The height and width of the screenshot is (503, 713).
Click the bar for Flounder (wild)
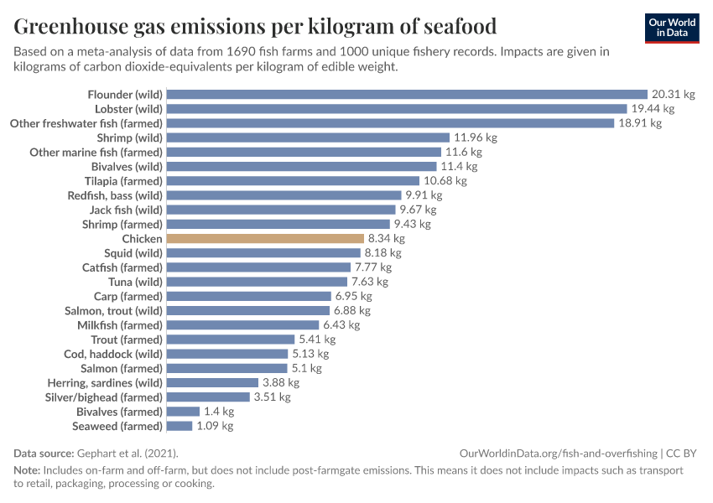tap(407, 95)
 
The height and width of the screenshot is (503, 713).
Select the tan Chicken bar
tap(265, 239)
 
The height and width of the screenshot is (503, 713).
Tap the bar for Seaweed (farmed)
tap(180, 426)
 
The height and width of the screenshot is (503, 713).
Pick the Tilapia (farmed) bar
tap(293, 181)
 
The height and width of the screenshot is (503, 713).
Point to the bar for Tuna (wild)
tap(257, 282)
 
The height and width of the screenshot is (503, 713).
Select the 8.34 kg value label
tap(387, 239)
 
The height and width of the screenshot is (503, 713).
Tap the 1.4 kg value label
tap(219, 412)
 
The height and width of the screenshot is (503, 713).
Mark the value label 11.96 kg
tap(476, 137)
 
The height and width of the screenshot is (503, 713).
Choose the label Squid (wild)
tap(133, 253)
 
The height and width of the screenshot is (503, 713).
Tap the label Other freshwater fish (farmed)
tap(86, 123)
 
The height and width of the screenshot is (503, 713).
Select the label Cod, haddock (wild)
tap(113, 354)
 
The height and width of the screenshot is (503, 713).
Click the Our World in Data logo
tap(672, 28)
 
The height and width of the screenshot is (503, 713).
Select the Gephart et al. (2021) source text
tap(123, 453)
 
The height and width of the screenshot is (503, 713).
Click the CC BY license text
tap(683, 453)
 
